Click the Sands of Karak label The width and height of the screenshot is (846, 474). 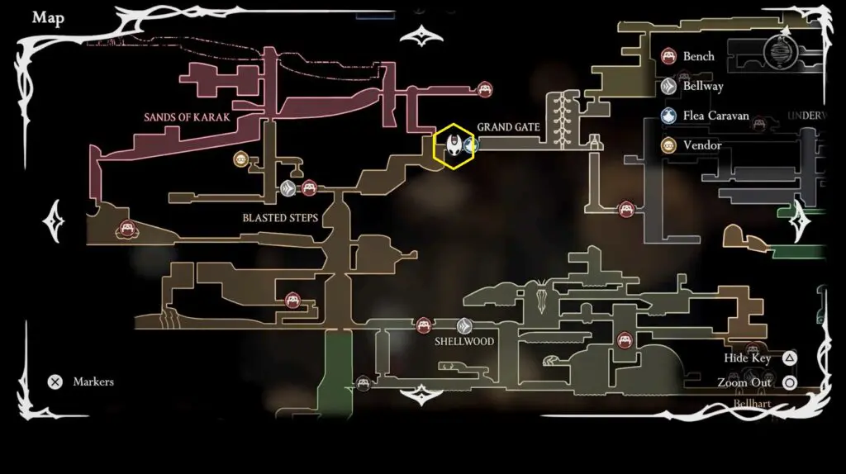(187, 117)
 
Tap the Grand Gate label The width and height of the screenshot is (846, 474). (508, 127)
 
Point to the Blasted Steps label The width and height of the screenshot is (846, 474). (280, 219)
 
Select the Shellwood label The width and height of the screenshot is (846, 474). (464, 342)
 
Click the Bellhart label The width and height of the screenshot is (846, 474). (752, 404)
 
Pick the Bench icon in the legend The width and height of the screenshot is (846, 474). (669, 57)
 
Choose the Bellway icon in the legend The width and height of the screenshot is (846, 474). (669, 86)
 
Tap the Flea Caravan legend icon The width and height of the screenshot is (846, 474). (669, 116)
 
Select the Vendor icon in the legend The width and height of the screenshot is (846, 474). (669, 145)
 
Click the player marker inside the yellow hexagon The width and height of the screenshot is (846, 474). (454, 146)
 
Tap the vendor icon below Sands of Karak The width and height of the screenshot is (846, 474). (240, 159)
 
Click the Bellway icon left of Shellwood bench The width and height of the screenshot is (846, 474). (464, 326)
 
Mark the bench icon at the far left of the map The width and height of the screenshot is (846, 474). (127, 229)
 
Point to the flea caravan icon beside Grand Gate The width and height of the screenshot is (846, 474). (472, 146)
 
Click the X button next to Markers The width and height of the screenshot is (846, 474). (55, 382)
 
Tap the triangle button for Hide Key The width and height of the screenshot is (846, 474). (789, 358)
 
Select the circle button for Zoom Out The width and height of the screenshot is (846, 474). (789, 382)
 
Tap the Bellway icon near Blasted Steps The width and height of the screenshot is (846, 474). (288, 188)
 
